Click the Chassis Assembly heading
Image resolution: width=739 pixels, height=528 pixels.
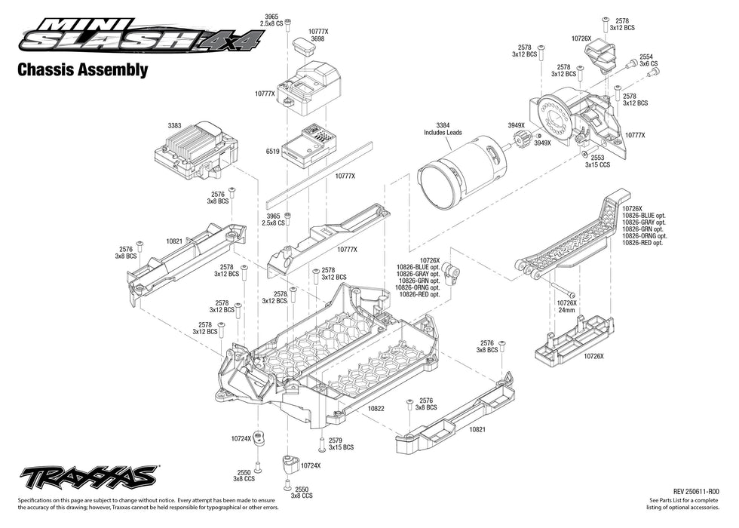tap(81, 70)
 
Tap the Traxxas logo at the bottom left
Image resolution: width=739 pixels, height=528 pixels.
tap(87, 477)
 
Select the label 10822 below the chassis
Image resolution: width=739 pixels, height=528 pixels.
tap(376, 408)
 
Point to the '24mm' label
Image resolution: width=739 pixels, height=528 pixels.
tap(566, 310)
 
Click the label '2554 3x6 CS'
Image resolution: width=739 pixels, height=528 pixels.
tap(648, 60)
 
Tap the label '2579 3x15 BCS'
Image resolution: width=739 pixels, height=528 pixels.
tap(341, 444)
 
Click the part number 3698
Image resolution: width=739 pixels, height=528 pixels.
tap(317, 38)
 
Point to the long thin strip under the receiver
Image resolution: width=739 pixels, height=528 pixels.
tap(320, 173)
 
